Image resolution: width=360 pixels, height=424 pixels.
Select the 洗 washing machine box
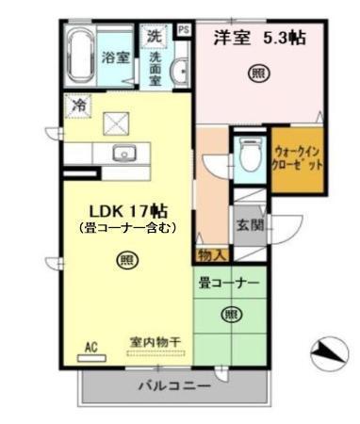[x=154, y=37]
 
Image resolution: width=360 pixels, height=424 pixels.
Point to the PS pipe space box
[x=183, y=30]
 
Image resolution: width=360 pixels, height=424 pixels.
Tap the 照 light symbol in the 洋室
[x=255, y=73]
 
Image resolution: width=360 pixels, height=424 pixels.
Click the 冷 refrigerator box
[x=78, y=106]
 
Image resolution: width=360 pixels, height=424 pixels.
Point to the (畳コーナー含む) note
[x=123, y=227]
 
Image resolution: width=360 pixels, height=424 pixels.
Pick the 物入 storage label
[x=211, y=254]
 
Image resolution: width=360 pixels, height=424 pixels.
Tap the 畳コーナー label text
[x=228, y=283]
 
